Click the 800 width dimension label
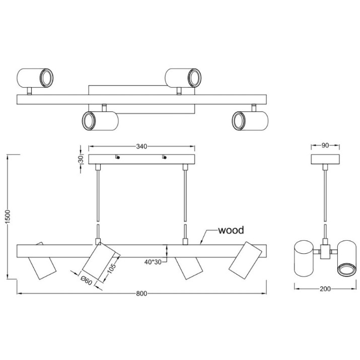(141, 294)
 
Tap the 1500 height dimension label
(8, 217)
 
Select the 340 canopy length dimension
(141, 147)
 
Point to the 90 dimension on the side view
(325, 146)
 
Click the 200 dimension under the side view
(325, 289)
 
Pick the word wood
(231, 230)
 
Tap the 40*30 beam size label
(153, 262)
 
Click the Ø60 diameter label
(87, 280)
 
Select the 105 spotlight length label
(112, 268)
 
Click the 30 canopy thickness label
(81, 159)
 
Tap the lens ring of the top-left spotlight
(47, 78)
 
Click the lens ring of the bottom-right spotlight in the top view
(238, 121)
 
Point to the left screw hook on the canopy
(118, 157)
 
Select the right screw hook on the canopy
(164, 157)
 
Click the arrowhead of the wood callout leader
(201, 242)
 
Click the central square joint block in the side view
(325, 252)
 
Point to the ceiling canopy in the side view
(325, 159)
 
